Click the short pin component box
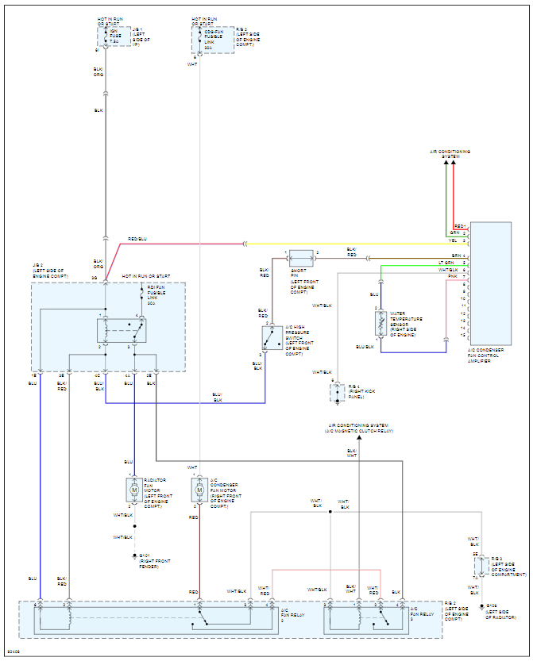coord(302,258)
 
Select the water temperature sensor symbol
coord(380,323)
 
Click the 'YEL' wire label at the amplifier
coord(453,240)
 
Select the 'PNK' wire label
coord(453,276)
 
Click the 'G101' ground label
coord(144,555)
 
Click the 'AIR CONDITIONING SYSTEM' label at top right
coord(450,153)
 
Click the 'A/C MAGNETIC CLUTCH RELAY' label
coord(358,431)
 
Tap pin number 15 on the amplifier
coord(464,335)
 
